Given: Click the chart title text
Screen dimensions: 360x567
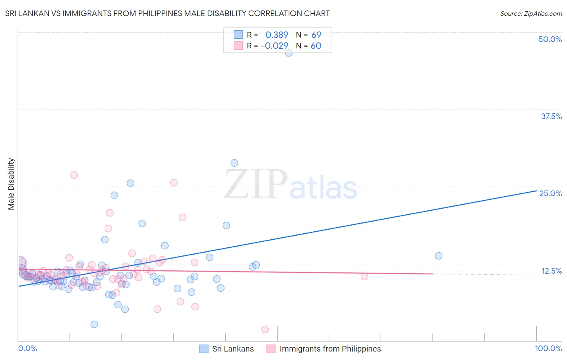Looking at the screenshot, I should point(167,13).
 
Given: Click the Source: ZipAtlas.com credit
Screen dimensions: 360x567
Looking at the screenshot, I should point(531,13).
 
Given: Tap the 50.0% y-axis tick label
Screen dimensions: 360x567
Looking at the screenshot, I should point(550,39).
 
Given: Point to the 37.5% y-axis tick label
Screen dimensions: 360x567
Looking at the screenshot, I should point(551,116).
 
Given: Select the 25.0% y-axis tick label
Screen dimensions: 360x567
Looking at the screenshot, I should point(550,193).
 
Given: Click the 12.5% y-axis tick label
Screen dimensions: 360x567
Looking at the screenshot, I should point(551,271).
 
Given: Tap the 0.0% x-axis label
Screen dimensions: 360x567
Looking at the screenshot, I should point(27,348).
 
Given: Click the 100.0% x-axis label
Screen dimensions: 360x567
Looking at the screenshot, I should point(548,348).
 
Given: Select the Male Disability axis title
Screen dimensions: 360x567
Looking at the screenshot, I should point(11,184).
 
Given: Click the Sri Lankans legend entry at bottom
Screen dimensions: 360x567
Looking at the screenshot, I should point(233,349).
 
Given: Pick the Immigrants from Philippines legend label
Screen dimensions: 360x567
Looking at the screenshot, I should point(330,349).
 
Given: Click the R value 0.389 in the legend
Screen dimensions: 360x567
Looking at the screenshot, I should point(277,35).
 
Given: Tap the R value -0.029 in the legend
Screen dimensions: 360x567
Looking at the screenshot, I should point(275,46).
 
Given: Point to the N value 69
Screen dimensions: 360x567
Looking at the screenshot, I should point(316,35).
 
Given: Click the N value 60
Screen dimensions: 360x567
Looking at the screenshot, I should point(316,46).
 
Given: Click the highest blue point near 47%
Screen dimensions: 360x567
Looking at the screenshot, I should point(289,53).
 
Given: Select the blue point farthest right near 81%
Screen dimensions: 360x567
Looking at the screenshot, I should point(438,256).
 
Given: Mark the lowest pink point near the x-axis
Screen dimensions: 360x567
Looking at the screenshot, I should point(265,329).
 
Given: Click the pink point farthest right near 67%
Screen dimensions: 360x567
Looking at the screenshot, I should point(364,276).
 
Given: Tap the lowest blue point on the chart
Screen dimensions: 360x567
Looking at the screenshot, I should point(94,324).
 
